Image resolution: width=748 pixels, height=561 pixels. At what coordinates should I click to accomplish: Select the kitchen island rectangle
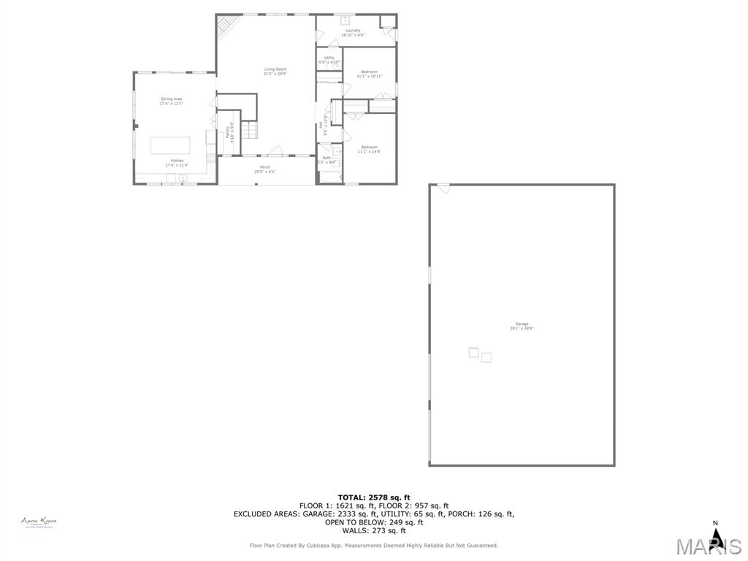point(170,145)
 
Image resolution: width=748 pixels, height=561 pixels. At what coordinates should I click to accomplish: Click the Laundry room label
point(353,31)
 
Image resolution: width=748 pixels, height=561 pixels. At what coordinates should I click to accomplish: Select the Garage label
point(522,324)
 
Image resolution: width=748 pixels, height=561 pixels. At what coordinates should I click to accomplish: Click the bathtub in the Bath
point(329,176)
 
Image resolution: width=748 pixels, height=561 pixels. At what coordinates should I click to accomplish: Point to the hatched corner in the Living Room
point(229,27)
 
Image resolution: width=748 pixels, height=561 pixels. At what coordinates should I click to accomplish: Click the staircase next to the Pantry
point(249,131)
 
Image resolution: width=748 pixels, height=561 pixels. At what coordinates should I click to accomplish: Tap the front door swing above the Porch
point(275,151)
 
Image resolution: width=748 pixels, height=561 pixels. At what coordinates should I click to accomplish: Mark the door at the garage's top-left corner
point(443,188)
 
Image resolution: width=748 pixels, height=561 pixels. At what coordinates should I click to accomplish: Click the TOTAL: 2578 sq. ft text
point(374,497)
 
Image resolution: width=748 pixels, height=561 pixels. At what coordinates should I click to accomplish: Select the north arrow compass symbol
point(716,537)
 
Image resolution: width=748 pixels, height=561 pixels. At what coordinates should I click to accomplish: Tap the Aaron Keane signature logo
point(39,522)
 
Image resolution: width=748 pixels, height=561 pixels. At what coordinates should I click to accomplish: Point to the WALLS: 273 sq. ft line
point(374,530)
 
